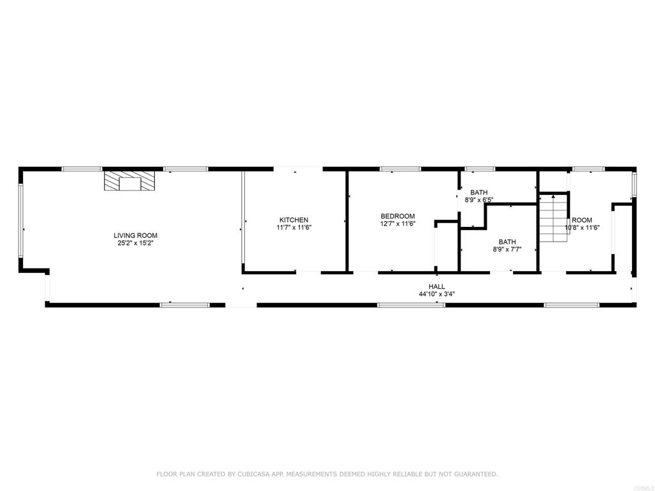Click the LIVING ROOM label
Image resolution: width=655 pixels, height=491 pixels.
(x=136, y=235)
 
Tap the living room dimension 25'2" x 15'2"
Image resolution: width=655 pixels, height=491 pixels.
(x=136, y=243)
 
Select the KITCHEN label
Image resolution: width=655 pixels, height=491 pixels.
(x=294, y=220)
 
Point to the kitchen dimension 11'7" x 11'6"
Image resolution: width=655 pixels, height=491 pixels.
(x=294, y=228)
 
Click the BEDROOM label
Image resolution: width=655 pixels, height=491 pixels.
(x=398, y=216)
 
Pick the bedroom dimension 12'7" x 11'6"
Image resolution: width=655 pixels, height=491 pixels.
(x=398, y=224)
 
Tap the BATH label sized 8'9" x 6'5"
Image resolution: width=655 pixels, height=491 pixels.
(x=478, y=192)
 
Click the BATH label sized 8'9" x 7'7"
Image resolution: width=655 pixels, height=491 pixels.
(x=507, y=242)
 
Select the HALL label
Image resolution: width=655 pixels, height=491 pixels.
(x=437, y=286)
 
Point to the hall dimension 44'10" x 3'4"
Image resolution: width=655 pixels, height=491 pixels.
(x=437, y=294)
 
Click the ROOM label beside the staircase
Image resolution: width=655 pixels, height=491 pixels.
(x=582, y=220)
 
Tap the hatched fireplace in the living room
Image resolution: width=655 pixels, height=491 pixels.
(x=129, y=180)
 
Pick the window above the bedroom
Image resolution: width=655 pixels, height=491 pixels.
(x=400, y=169)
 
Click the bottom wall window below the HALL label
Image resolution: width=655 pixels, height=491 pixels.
(x=411, y=305)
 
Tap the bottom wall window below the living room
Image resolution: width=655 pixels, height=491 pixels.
(x=185, y=305)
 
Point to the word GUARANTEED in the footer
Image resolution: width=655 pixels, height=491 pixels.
(x=477, y=474)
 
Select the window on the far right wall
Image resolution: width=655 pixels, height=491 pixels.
(x=635, y=184)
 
